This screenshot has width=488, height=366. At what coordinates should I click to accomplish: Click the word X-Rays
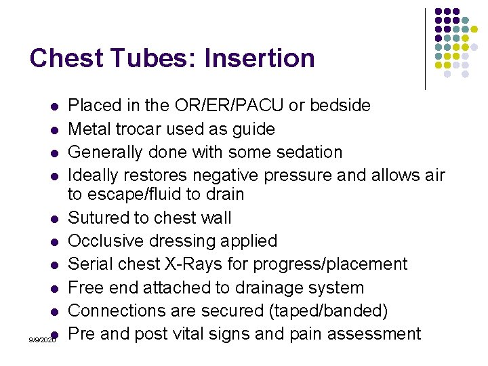click(x=206, y=264)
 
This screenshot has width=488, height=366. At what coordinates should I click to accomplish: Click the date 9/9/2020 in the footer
click(x=42, y=339)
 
